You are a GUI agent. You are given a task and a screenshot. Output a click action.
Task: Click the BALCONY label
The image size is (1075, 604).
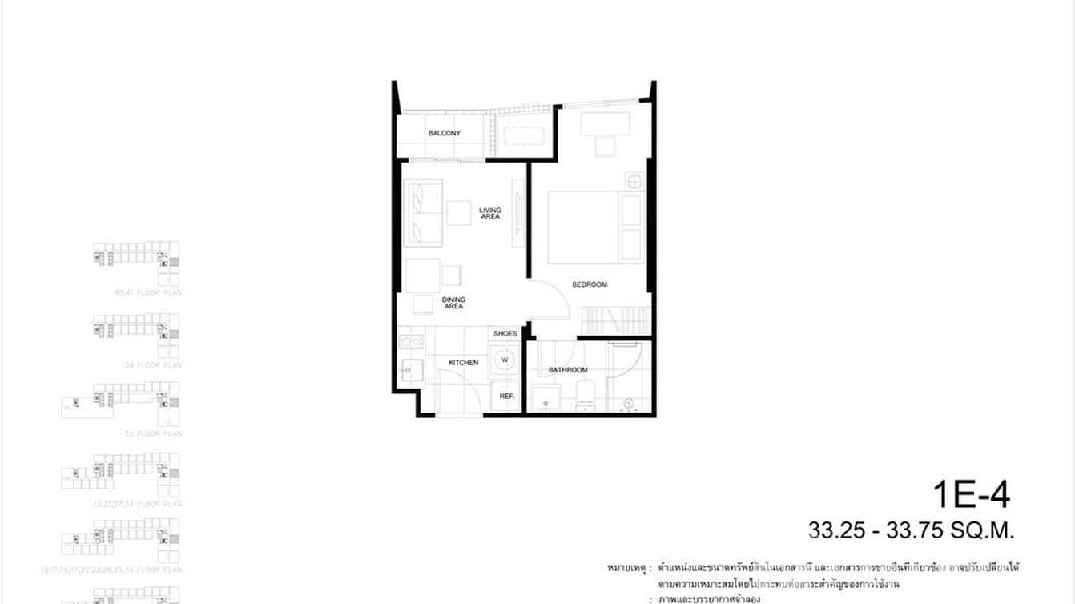tap(444, 133)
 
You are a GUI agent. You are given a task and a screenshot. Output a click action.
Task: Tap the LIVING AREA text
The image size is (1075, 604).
tap(490, 214)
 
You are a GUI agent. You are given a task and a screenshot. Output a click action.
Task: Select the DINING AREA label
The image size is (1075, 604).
tap(453, 303)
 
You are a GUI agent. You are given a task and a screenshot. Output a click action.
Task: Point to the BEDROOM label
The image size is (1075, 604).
tap(589, 284)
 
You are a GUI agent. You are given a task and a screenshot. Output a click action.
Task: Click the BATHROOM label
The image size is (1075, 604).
tap(567, 370)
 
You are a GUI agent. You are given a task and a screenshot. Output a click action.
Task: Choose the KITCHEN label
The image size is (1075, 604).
tap(463, 363)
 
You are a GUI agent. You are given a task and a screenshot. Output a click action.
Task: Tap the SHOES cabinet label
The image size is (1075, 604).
tap(505, 333)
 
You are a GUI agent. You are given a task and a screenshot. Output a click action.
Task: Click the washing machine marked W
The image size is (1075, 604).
tap(505, 360)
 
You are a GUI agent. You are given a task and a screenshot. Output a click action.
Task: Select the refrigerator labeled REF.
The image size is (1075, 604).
tap(506, 396)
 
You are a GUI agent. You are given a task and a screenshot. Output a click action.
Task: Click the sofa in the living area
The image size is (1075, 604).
tap(425, 212)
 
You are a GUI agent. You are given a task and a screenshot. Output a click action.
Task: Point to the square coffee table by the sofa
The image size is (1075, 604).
tap(459, 212)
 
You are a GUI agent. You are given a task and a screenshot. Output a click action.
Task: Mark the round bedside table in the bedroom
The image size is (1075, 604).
tap(634, 182)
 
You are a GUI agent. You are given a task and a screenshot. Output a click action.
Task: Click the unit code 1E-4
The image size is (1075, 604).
tap(971, 494)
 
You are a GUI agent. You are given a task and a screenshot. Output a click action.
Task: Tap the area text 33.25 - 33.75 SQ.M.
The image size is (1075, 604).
tap(911, 530)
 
